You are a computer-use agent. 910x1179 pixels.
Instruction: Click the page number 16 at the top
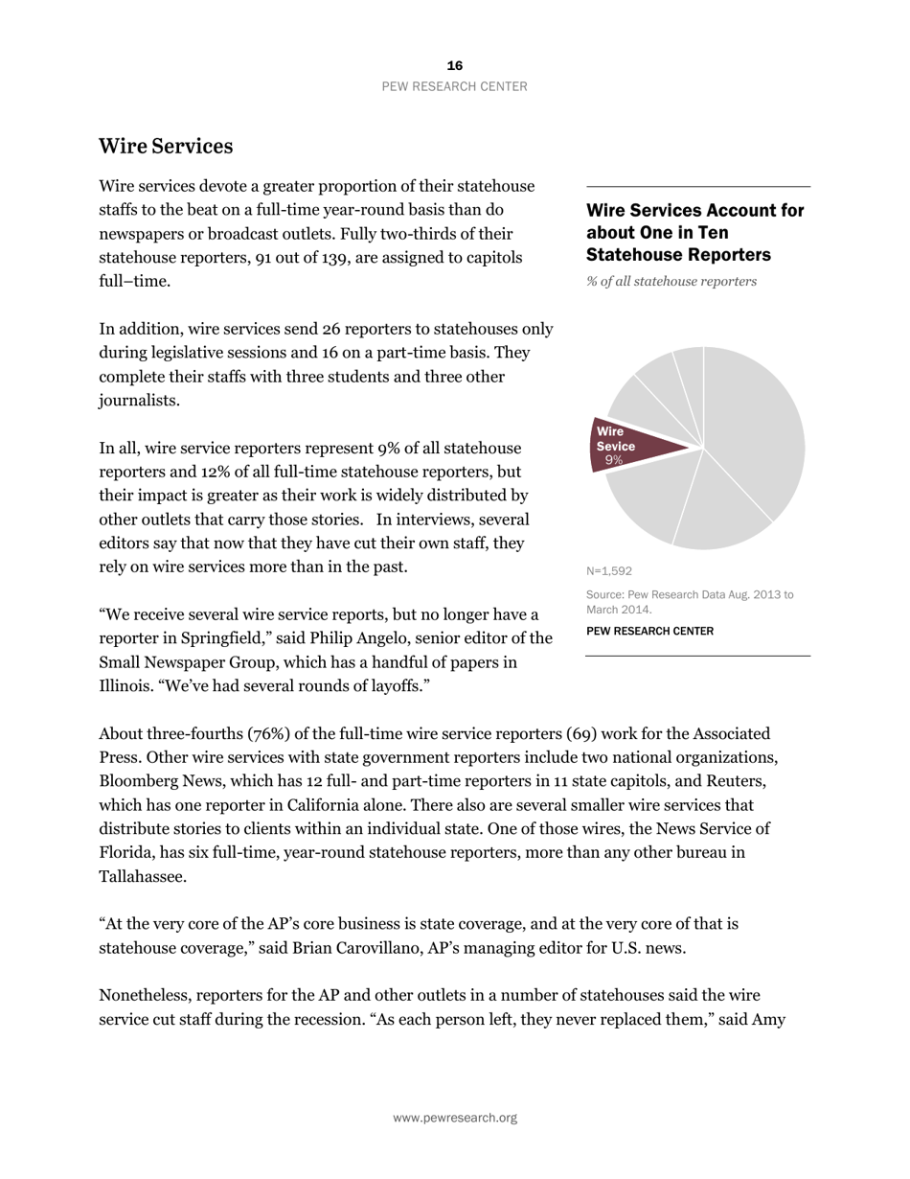coord(454,65)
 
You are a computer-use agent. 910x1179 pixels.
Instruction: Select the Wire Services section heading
coord(166,146)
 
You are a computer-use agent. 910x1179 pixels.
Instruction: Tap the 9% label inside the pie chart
coord(614,460)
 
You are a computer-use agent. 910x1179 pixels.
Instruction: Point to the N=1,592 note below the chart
coord(609,570)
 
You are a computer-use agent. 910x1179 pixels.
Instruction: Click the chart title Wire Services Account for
coord(694,210)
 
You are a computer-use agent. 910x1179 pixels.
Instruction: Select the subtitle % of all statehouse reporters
coord(671,281)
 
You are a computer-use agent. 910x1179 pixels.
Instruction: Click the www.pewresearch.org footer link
coord(454,1118)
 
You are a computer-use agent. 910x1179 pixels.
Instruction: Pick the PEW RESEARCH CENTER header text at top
coord(454,86)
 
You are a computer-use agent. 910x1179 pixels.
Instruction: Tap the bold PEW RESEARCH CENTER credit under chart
coord(649,631)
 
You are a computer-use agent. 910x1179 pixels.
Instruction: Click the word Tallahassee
coord(142,876)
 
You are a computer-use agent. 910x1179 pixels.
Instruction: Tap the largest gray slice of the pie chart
coord(757,422)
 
